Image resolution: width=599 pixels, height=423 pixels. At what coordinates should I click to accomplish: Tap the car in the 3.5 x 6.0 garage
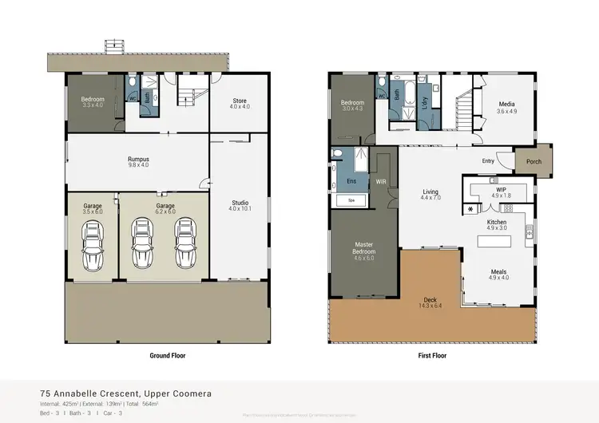coord(93,246)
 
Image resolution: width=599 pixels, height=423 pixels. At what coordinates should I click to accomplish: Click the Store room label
coord(240,103)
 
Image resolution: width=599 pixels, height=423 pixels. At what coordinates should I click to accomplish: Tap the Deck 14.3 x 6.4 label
coord(430,302)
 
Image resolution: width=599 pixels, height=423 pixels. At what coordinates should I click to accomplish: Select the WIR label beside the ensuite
coord(381,182)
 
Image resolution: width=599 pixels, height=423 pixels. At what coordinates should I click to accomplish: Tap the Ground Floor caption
coord(167,355)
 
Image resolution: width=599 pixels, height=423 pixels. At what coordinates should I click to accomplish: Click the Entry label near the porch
coord(488,160)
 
